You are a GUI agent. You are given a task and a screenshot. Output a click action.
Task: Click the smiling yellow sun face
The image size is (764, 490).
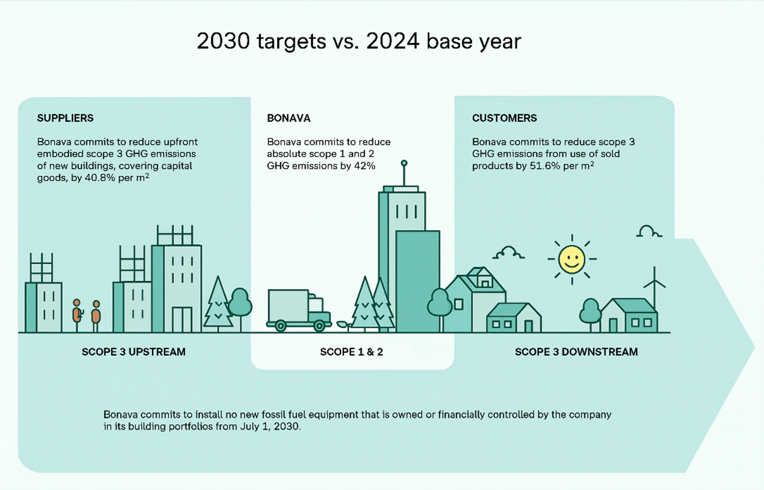(572, 259)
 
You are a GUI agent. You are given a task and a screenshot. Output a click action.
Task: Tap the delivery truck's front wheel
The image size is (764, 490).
(319, 326)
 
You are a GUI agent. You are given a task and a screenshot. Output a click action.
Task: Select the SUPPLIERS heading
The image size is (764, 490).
(65, 118)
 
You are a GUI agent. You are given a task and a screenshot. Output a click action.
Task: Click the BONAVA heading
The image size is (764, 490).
(289, 118)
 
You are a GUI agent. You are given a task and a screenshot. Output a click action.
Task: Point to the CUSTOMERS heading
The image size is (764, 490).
(505, 118)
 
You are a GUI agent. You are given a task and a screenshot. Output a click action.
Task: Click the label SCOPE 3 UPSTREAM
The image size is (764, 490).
(134, 352)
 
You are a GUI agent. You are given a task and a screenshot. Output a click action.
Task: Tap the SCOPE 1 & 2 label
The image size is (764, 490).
(352, 352)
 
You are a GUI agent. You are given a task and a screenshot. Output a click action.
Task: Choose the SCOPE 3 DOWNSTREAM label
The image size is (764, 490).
(576, 352)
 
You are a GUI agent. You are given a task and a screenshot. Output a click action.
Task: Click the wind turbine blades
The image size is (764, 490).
(654, 283)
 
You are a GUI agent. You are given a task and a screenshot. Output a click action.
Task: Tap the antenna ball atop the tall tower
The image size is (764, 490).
(404, 163)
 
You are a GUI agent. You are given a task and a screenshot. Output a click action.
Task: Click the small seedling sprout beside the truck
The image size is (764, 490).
(344, 325)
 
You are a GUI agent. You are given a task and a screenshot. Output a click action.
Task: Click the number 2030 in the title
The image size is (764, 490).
(224, 42)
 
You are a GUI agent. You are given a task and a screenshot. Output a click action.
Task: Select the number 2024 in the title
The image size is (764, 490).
(393, 42)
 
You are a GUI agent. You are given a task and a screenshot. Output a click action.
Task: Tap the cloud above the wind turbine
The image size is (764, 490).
(649, 231)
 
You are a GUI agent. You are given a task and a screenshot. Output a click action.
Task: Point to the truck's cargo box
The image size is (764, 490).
(288, 305)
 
